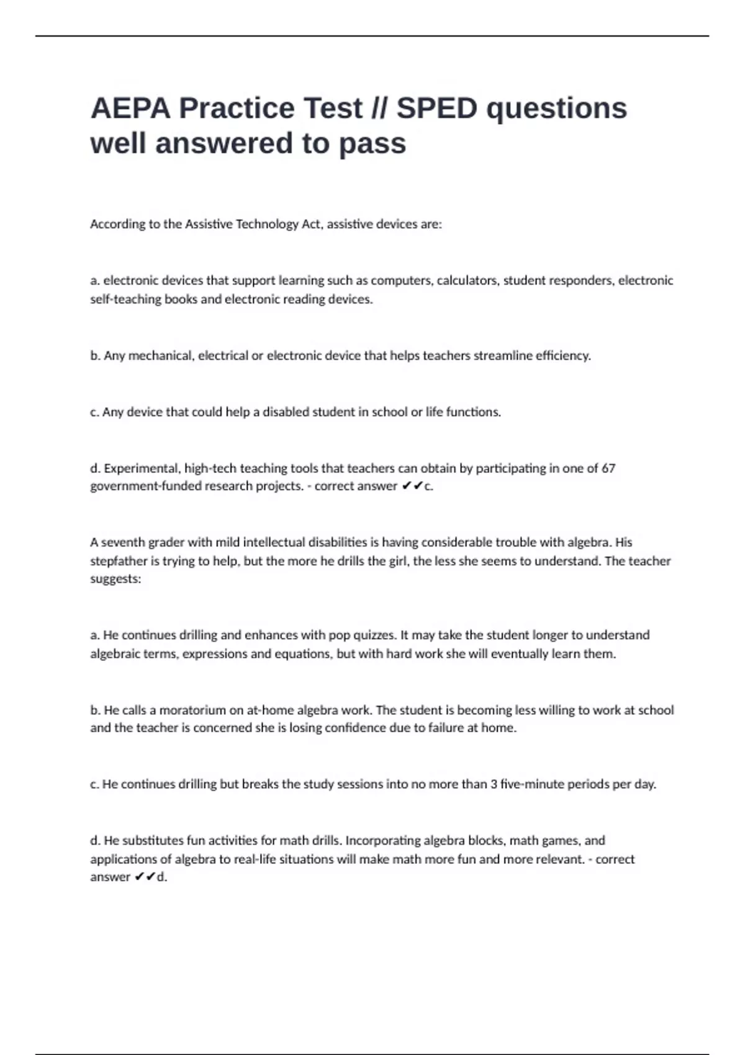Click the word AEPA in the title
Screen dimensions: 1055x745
(x=130, y=109)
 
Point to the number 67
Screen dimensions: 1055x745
(x=608, y=469)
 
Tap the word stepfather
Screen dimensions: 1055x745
(x=118, y=561)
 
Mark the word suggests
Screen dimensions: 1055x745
(x=115, y=579)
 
